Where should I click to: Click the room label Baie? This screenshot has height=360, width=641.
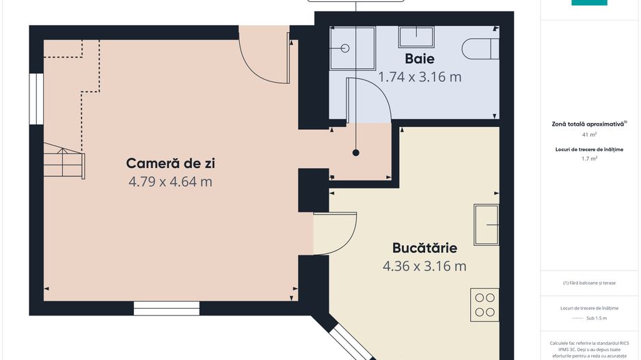pyautogui.click(x=420, y=59)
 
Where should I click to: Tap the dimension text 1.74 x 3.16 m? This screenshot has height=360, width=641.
pyautogui.click(x=420, y=77)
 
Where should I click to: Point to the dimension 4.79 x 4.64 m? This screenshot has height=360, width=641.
pyautogui.click(x=170, y=182)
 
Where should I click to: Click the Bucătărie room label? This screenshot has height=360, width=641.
pyautogui.click(x=424, y=247)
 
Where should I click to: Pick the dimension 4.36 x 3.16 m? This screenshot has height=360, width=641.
pyautogui.click(x=424, y=266)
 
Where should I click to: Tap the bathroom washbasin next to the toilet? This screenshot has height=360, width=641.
pyautogui.click(x=417, y=36)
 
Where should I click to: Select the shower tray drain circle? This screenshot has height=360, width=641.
pyautogui.click(x=345, y=49)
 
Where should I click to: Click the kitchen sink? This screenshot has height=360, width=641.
pyautogui.click(x=487, y=224)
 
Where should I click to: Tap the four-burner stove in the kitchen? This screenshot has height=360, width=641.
pyautogui.click(x=485, y=304)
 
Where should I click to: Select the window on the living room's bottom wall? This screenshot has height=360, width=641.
pyautogui.click(x=156, y=308)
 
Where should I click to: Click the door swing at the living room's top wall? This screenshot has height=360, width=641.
pyautogui.click(x=263, y=56)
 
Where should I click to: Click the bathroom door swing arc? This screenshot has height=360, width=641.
pyautogui.click(x=369, y=101)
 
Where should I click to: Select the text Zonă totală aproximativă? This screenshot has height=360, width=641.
pyautogui.click(x=588, y=124)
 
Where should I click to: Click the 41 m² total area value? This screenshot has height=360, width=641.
pyautogui.click(x=588, y=135)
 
